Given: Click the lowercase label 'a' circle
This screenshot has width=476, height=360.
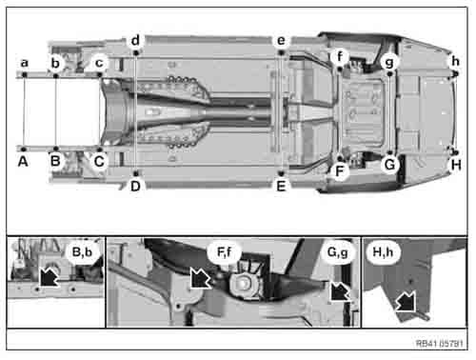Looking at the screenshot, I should coord(23,63).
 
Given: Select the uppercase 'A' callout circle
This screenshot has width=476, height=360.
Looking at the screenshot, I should coord(23,162).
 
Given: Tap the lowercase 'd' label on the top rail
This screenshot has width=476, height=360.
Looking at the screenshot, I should coord(136,41).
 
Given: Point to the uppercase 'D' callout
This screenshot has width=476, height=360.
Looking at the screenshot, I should coord(136,186).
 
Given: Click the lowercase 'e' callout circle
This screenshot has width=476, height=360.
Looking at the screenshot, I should coord(281,41).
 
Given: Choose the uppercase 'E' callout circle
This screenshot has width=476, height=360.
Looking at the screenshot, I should coord(281,186).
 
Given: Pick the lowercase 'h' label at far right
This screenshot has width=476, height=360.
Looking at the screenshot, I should coord(455,61).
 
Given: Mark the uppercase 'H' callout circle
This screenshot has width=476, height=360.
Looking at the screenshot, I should coord(455,164).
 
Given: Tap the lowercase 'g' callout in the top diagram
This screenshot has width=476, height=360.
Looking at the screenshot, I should coord(388,61).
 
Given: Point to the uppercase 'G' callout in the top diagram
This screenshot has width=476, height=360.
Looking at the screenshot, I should coord(388,164).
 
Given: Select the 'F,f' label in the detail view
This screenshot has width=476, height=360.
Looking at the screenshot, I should coord(225,253).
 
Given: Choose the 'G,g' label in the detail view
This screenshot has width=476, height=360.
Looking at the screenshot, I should coord(337,253).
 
